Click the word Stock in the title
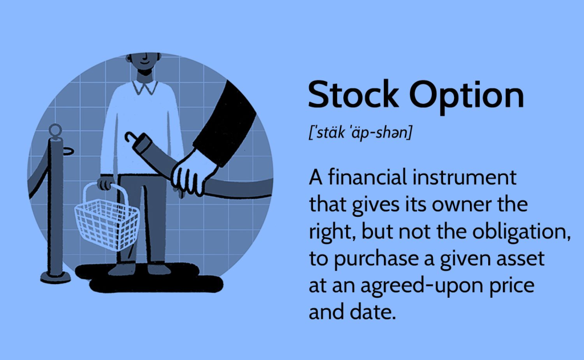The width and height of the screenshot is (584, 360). click(x=353, y=94)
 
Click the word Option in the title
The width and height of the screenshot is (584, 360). click(x=467, y=96)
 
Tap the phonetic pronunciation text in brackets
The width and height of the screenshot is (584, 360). click(x=360, y=132)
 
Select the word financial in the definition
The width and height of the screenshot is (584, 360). click(x=367, y=177)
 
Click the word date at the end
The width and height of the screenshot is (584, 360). click(x=373, y=312)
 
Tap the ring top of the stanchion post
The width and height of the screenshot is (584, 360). click(x=55, y=130)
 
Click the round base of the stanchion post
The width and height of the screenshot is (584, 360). click(x=55, y=277)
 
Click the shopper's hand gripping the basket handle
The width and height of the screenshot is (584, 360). click(x=106, y=183)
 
